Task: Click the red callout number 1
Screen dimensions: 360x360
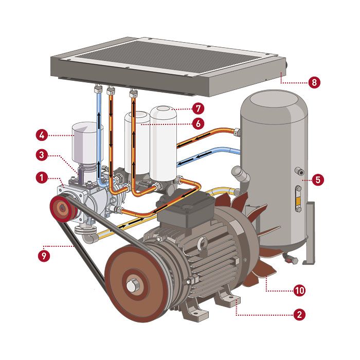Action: (x=42, y=178)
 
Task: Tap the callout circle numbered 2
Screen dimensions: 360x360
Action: (x=300, y=314)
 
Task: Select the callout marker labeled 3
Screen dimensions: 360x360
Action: (x=42, y=155)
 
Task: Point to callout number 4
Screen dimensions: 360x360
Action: (x=42, y=135)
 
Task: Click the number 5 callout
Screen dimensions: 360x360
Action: (x=318, y=180)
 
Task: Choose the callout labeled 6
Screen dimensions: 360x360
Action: (x=198, y=124)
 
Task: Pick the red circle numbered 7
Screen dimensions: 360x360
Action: (x=198, y=109)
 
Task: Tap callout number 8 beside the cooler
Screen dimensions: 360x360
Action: (x=314, y=82)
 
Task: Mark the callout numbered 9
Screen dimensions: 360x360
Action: (x=44, y=256)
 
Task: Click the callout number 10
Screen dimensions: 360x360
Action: (x=300, y=291)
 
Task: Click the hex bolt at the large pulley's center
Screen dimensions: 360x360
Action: (x=132, y=285)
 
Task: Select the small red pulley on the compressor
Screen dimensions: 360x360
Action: (x=62, y=208)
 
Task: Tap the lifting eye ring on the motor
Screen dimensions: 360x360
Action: (x=203, y=243)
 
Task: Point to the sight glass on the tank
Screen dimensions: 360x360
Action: (x=298, y=199)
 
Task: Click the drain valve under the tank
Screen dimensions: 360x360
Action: (x=291, y=259)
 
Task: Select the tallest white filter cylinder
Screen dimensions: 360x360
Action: (x=163, y=143)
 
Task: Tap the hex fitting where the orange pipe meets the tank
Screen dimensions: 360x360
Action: (x=237, y=132)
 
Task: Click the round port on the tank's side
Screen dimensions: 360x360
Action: (x=299, y=171)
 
